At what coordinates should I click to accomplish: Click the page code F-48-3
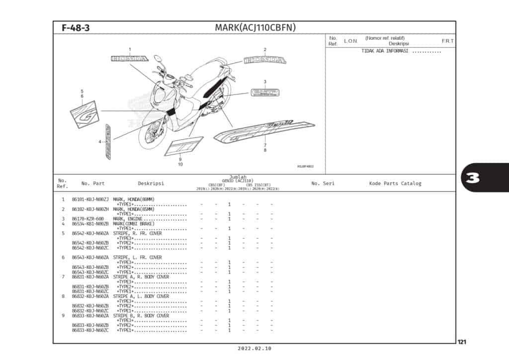coord(76,28)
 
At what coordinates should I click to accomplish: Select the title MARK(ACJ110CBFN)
coord(255,27)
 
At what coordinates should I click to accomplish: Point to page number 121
coord(462,342)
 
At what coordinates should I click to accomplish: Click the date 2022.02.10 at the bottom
coord(254,349)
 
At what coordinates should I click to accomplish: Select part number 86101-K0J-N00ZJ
coord(90,199)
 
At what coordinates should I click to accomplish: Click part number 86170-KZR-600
coord(88,219)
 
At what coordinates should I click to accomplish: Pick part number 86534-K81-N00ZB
coord(90,223)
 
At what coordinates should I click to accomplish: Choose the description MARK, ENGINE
coord(128,219)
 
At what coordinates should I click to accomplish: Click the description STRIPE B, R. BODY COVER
coord(141,316)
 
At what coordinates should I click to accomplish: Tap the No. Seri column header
coord(323,183)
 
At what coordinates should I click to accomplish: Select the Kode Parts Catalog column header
coord(395,183)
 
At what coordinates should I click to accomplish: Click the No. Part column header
coord(93,183)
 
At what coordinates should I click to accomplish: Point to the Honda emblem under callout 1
coord(129,59)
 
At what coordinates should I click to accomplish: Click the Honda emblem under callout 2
coord(265,61)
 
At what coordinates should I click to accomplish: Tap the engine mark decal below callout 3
coord(264,93)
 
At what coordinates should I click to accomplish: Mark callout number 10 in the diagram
coord(180,164)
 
